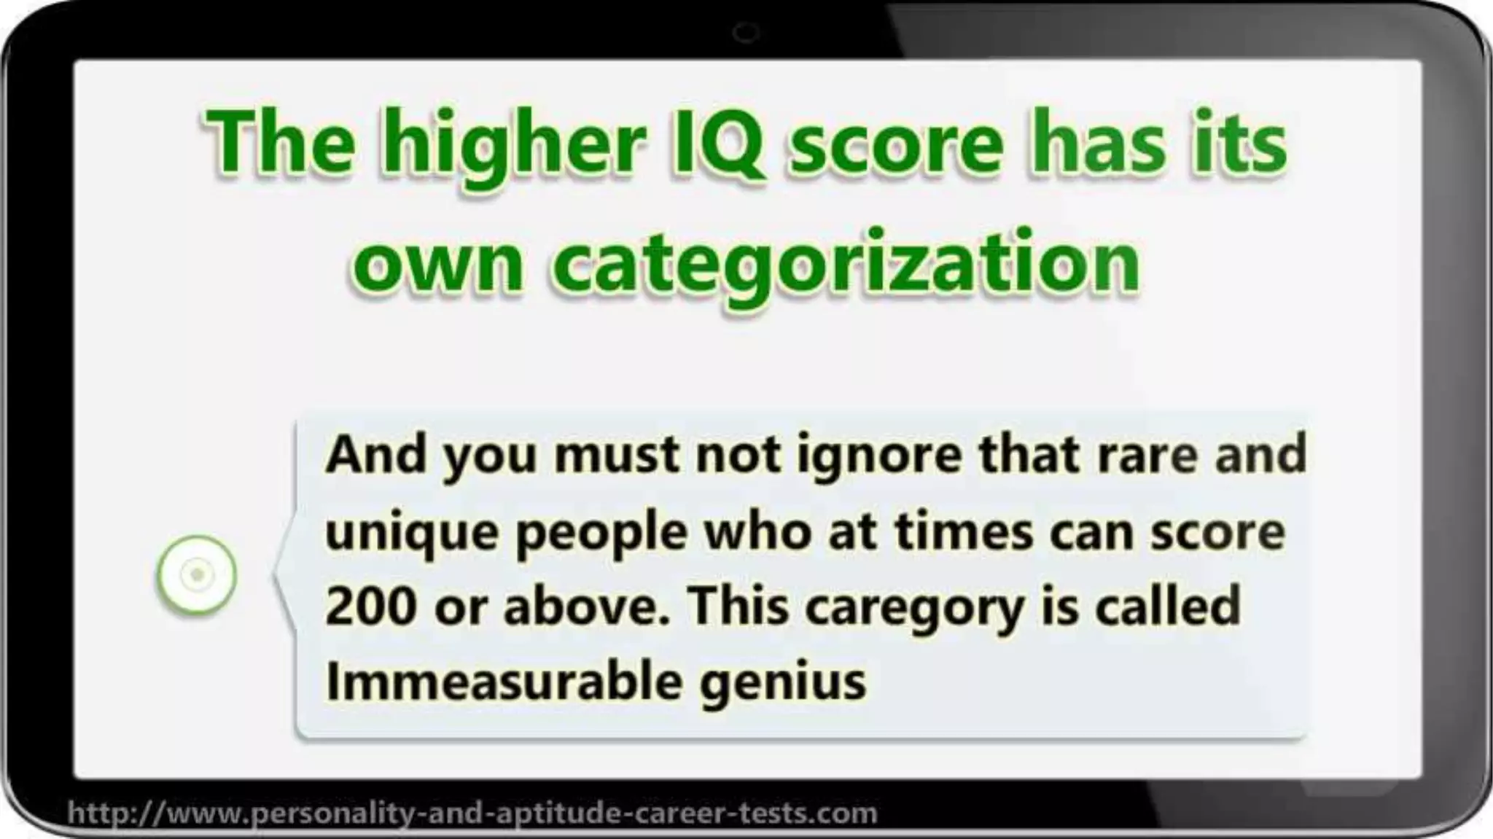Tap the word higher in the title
512,146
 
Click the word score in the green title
897,144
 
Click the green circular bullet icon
197,574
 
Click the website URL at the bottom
472,812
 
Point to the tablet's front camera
746,32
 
